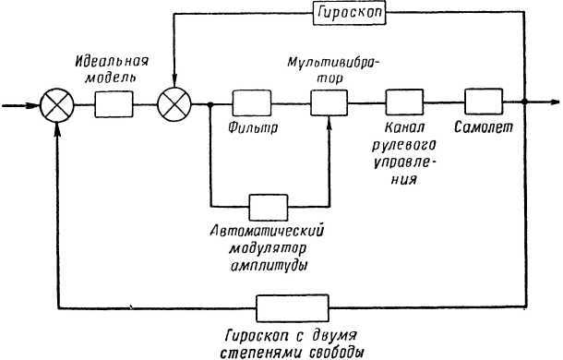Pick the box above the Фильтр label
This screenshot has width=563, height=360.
(249, 102)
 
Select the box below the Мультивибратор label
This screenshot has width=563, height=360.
(327, 102)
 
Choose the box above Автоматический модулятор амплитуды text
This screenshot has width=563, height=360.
(269, 204)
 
